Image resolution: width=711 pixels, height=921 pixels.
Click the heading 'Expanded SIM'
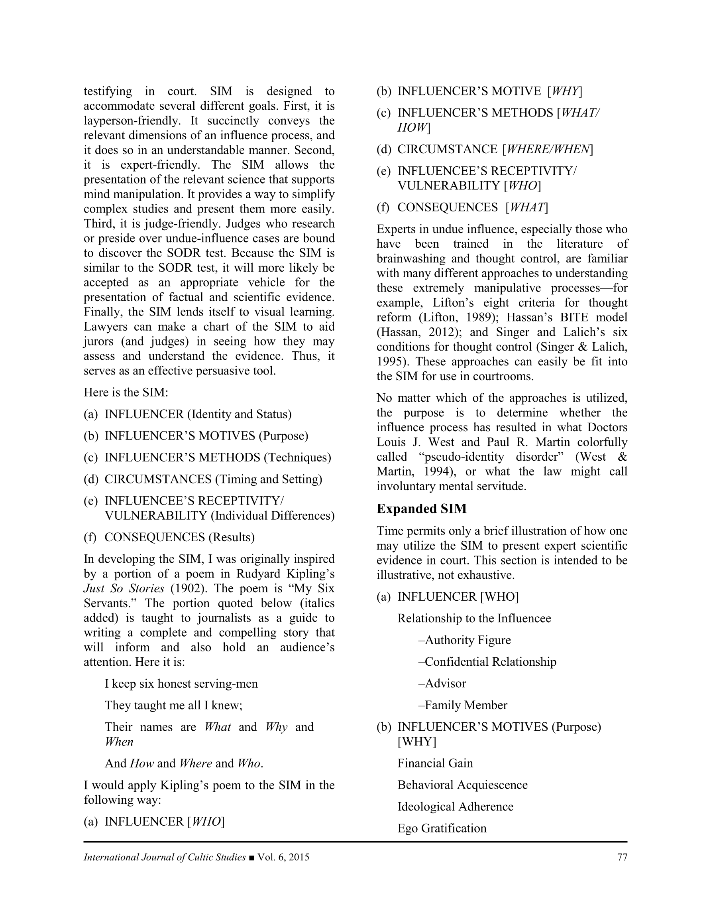[421, 509]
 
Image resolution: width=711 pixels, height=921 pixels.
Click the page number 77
[622, 857]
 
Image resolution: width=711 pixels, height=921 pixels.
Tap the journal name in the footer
[164, 857]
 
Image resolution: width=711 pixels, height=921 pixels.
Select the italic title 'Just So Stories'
[124, 589]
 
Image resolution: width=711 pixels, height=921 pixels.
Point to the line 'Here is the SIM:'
[126, 392]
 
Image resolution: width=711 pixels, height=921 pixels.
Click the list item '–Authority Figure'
[464, 640]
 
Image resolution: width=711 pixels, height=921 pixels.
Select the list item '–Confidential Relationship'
[487, 662]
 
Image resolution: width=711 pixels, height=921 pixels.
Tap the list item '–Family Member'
[463, 705]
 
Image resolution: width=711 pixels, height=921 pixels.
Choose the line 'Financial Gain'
[435, 763]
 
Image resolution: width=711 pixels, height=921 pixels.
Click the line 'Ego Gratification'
[442, 828]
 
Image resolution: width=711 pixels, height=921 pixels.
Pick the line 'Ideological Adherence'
[455, 807]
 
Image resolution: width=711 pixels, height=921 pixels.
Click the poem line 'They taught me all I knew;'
[173, 705]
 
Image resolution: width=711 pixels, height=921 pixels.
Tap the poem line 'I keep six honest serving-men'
[181, 684]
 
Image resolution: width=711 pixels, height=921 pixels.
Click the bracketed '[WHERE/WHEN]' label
[548, 149]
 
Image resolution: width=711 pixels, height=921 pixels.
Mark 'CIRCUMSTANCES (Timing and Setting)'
[213, 479]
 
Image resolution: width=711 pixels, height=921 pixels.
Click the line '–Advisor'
[442, 684]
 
